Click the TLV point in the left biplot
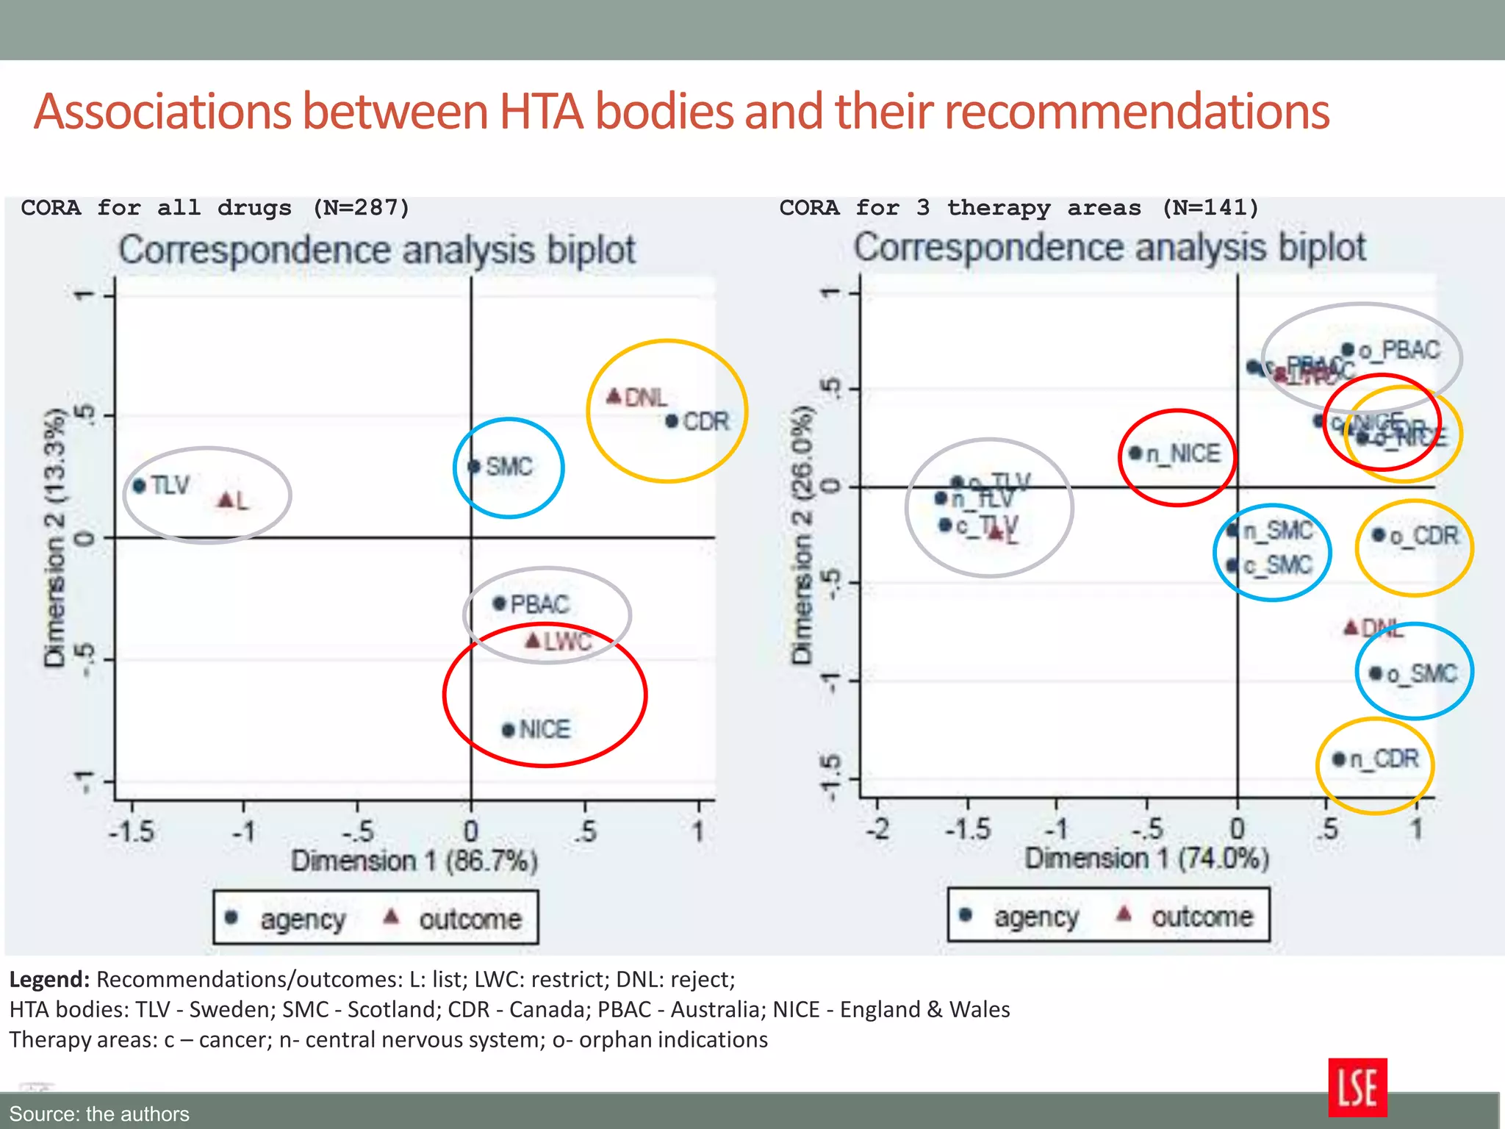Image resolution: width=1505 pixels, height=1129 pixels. pyautogui.click(x=140, y=486)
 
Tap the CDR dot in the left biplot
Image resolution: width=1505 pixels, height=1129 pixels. pyautogui.click(x=672, y=421)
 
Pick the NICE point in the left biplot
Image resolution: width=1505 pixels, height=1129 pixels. pyautogui.click(x=508, y=730)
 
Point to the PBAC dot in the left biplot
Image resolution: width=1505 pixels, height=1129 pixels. pyautogui.click(x=500, y=604)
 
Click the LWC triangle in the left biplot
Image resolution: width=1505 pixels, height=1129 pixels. pyautogui.click(x=534, y=641)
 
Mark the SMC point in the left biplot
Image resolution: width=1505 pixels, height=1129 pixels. pyautogui.click(x=474, y=467)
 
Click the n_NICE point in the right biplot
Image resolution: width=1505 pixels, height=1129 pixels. pyautogui.click(x=1135, y=453)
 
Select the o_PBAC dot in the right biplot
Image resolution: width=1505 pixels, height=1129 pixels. pyautogui.click(x=1348, y=350)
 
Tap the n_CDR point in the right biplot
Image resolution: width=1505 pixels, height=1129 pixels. pyautogui.click(x=1339, y=759)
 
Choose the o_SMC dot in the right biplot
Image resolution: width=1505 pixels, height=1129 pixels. pyautogui.click(x=1376, y=673)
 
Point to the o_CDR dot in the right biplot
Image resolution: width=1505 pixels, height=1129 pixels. pyautogui.click(x=1379, y=534)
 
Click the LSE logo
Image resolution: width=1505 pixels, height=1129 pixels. pyautogui.click(x=1357, y=1087)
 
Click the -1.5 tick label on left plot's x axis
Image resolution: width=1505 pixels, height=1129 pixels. pyautogui.click(x=132, y=832)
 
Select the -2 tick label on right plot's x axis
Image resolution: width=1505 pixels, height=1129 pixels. pyautogui.click(x=878, y=829)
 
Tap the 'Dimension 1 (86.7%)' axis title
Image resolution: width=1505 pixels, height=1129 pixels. pyautogui.click(x=414, y=861)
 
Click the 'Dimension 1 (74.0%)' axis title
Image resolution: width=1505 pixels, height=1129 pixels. pyautogui.click(x=1146, y=858)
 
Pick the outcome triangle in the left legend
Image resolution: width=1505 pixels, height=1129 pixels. pyautogui.click(x=392, y=917)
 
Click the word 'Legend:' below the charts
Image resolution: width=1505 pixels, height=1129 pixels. pyautogui.click(x=49, y=980)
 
